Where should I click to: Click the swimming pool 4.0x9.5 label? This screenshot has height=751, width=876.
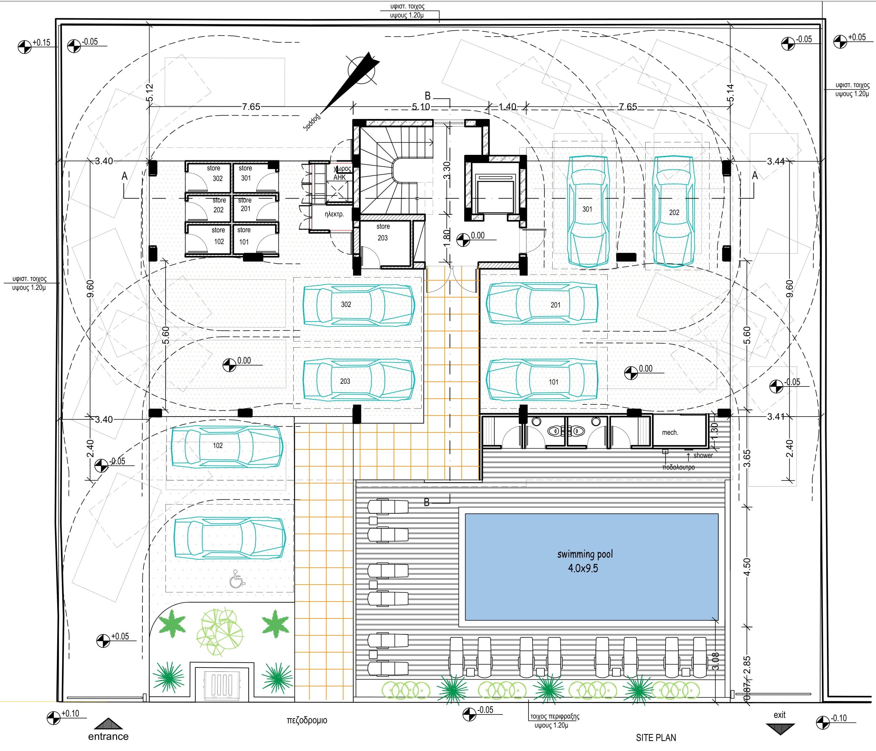[x=584, y=561]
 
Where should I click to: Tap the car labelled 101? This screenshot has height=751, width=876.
[x=542, y=380]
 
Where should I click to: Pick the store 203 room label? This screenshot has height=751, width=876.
[x=383, y=232]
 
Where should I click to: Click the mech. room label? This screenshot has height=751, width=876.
[x=670, y=432]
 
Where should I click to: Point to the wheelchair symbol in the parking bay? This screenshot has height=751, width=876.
[x=237, y=579]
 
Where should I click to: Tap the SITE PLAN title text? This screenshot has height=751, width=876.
[x=656, y=737]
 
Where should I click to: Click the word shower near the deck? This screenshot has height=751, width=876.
[x=703, y=455]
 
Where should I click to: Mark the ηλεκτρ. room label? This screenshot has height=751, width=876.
[x=334, y=214]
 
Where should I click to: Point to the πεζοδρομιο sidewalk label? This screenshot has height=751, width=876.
[x=307, y=720]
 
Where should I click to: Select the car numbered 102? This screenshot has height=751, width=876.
[x=227, y=447]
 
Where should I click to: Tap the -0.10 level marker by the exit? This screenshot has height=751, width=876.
[x=823, y=722]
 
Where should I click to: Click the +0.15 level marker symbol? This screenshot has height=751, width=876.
[x=25, y=46]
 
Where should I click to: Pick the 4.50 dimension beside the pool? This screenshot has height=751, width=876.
[x=747, y=567]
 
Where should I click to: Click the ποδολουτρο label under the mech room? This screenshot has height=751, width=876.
[x=678, y=467]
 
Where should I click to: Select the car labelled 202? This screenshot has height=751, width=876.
[x=674, y=211]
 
